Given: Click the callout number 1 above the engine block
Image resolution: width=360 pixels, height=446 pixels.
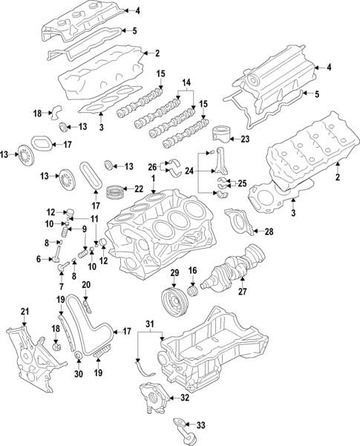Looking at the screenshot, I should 153,180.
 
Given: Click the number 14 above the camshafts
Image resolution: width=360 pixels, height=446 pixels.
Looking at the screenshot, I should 186,82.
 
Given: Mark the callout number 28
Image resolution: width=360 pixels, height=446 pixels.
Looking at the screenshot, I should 268,232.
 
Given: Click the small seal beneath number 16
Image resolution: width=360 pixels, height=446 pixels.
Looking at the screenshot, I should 192,290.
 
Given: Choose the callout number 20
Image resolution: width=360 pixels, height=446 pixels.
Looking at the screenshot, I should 86,284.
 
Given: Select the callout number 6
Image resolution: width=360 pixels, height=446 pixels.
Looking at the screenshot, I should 38,259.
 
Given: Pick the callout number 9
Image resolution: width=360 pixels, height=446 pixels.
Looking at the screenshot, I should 84,229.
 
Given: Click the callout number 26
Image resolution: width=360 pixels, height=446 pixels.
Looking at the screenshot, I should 153,166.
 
